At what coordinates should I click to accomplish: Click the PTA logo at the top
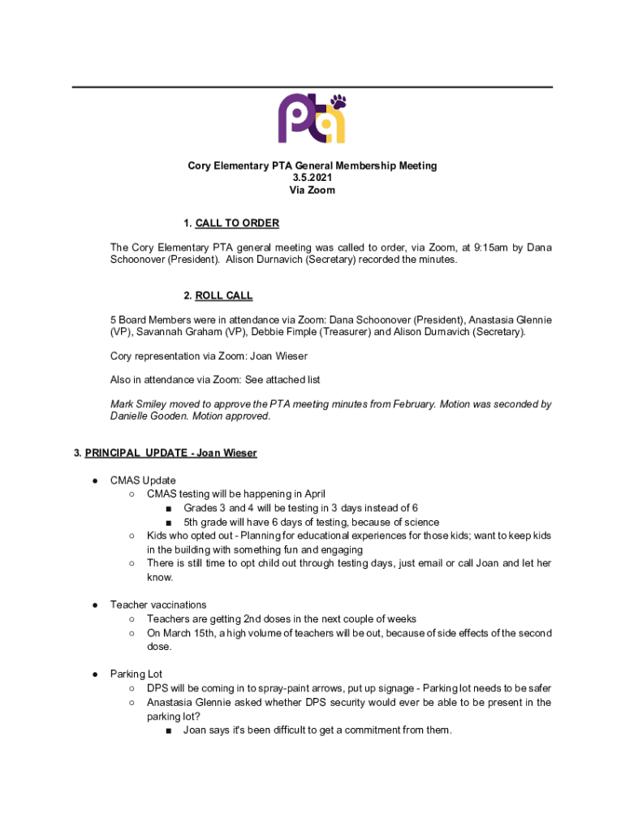[x=312, y=118]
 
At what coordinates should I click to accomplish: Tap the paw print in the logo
[x=338, y=102]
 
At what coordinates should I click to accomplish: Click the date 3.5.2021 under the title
[x=312, y=178]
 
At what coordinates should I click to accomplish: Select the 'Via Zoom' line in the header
[x=312, y=190]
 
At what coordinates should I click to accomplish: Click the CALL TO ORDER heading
[x=237, y=223]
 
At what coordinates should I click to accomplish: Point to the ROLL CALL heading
[x=224, y=295]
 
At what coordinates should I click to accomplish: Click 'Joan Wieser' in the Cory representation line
[x=279, y=356]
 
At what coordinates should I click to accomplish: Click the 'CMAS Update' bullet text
[x=143, y=480]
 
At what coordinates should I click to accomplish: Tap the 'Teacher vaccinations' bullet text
[x=158, y=605]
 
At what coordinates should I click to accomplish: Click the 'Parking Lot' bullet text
[x=136, y=674]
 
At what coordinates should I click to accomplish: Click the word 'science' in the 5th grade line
[x=419, y=522]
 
